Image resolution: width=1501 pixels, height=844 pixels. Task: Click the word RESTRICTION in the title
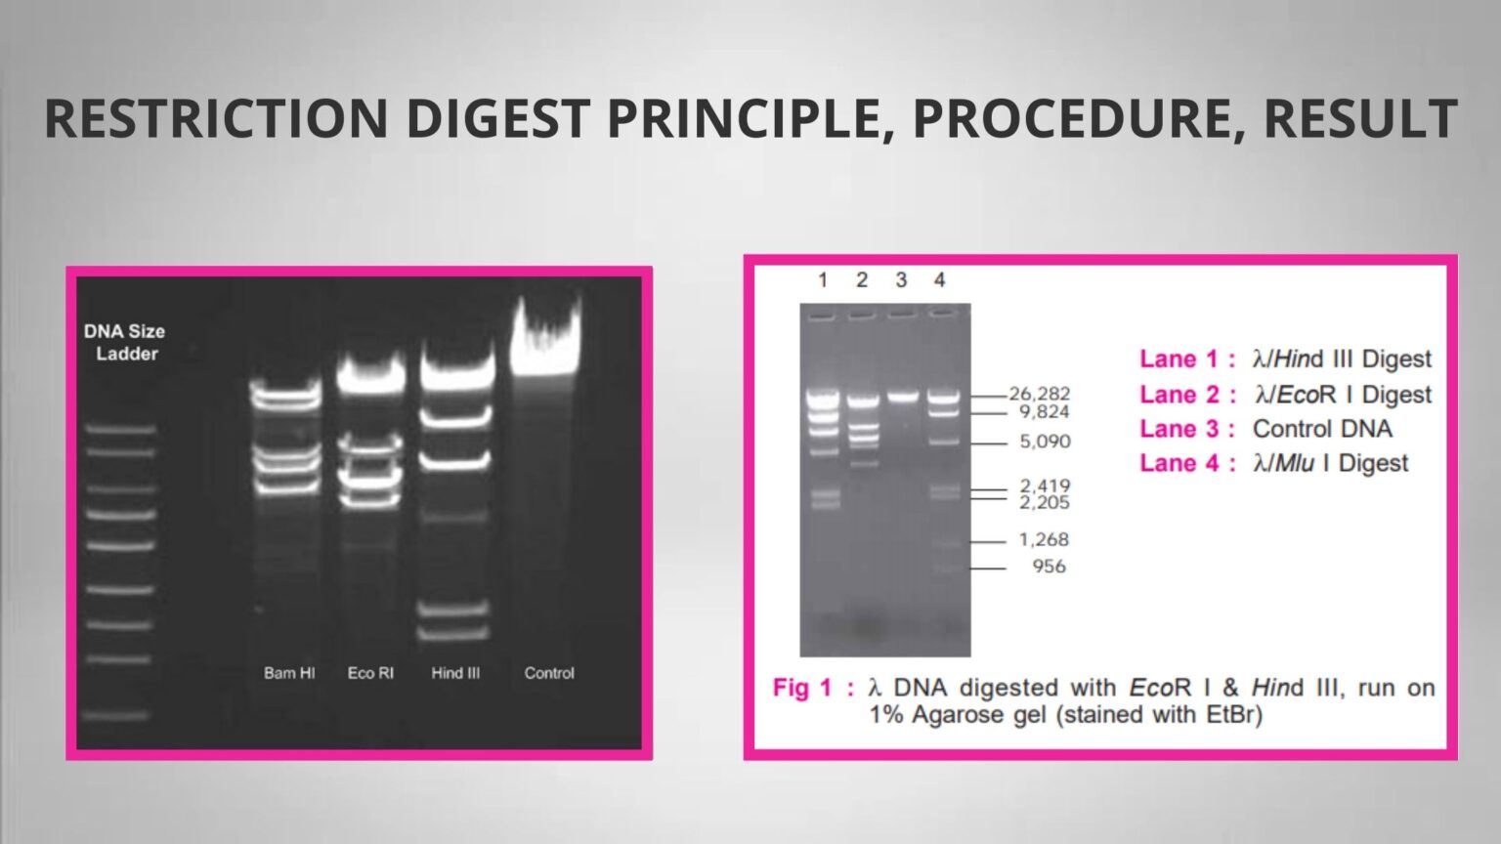click(216, 117)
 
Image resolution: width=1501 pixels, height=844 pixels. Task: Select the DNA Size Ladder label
click(124, 342)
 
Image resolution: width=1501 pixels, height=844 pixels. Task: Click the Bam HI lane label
click(289, 673)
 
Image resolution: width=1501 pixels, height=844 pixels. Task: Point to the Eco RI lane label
click(370, 673)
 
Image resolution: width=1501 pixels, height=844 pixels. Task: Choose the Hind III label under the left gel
click(455, 673)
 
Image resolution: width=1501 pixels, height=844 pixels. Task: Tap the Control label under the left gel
click(549, 673)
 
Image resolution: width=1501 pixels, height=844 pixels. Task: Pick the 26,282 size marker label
click(1040, 394)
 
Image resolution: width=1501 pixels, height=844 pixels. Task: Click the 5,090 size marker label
click(1045, 442)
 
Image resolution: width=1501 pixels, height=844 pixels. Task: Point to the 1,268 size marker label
click(1044, 539)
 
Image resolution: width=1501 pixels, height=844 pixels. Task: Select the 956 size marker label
click(1049, 567)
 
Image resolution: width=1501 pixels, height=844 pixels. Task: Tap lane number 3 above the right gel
click(901, 280)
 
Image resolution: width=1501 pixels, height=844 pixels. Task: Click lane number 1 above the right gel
click(823, 280)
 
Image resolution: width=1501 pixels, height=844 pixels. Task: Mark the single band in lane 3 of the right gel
click(902, 397)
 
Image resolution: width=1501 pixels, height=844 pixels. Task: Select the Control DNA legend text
click(1322, 429)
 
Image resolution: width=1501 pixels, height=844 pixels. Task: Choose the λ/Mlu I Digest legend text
click(1330, 463)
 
